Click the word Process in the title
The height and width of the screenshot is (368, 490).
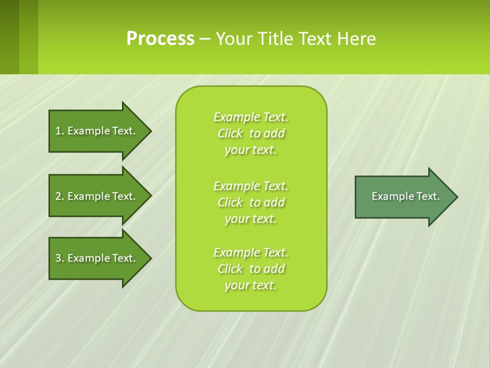(160, 39)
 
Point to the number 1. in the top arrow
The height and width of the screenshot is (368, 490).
(60, 131)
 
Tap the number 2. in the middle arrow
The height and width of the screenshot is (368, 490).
(60, 196)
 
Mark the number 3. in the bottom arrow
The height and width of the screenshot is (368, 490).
(60, 258)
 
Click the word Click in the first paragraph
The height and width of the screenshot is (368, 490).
(230, 133)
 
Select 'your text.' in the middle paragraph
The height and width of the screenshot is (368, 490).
(251, 219)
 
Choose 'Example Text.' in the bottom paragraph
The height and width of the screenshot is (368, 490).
(251, 252)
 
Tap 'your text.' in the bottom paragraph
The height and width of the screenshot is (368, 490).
(251, 285)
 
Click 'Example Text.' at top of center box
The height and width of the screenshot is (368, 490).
(251, 117)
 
